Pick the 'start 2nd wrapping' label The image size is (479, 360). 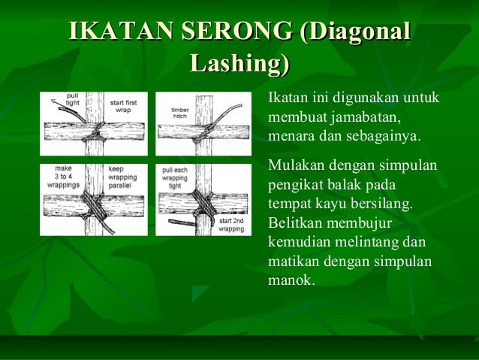230,225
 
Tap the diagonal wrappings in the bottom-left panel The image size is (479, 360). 93,204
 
